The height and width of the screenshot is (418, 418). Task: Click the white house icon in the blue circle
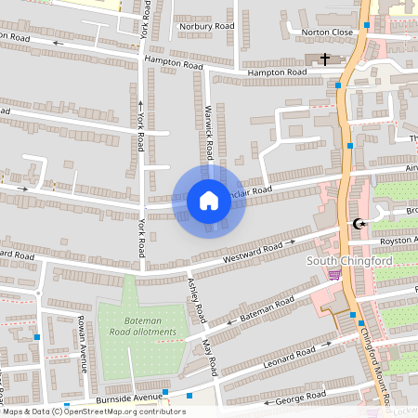click(x=209, y=200)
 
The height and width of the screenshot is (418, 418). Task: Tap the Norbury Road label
click(x=207, y=26)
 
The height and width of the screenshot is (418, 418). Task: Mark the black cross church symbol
click(x=325, y=59)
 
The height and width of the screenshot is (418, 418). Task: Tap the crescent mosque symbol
click(x=359, y=224)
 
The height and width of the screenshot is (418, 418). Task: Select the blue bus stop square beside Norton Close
click(x=368, y=25)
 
